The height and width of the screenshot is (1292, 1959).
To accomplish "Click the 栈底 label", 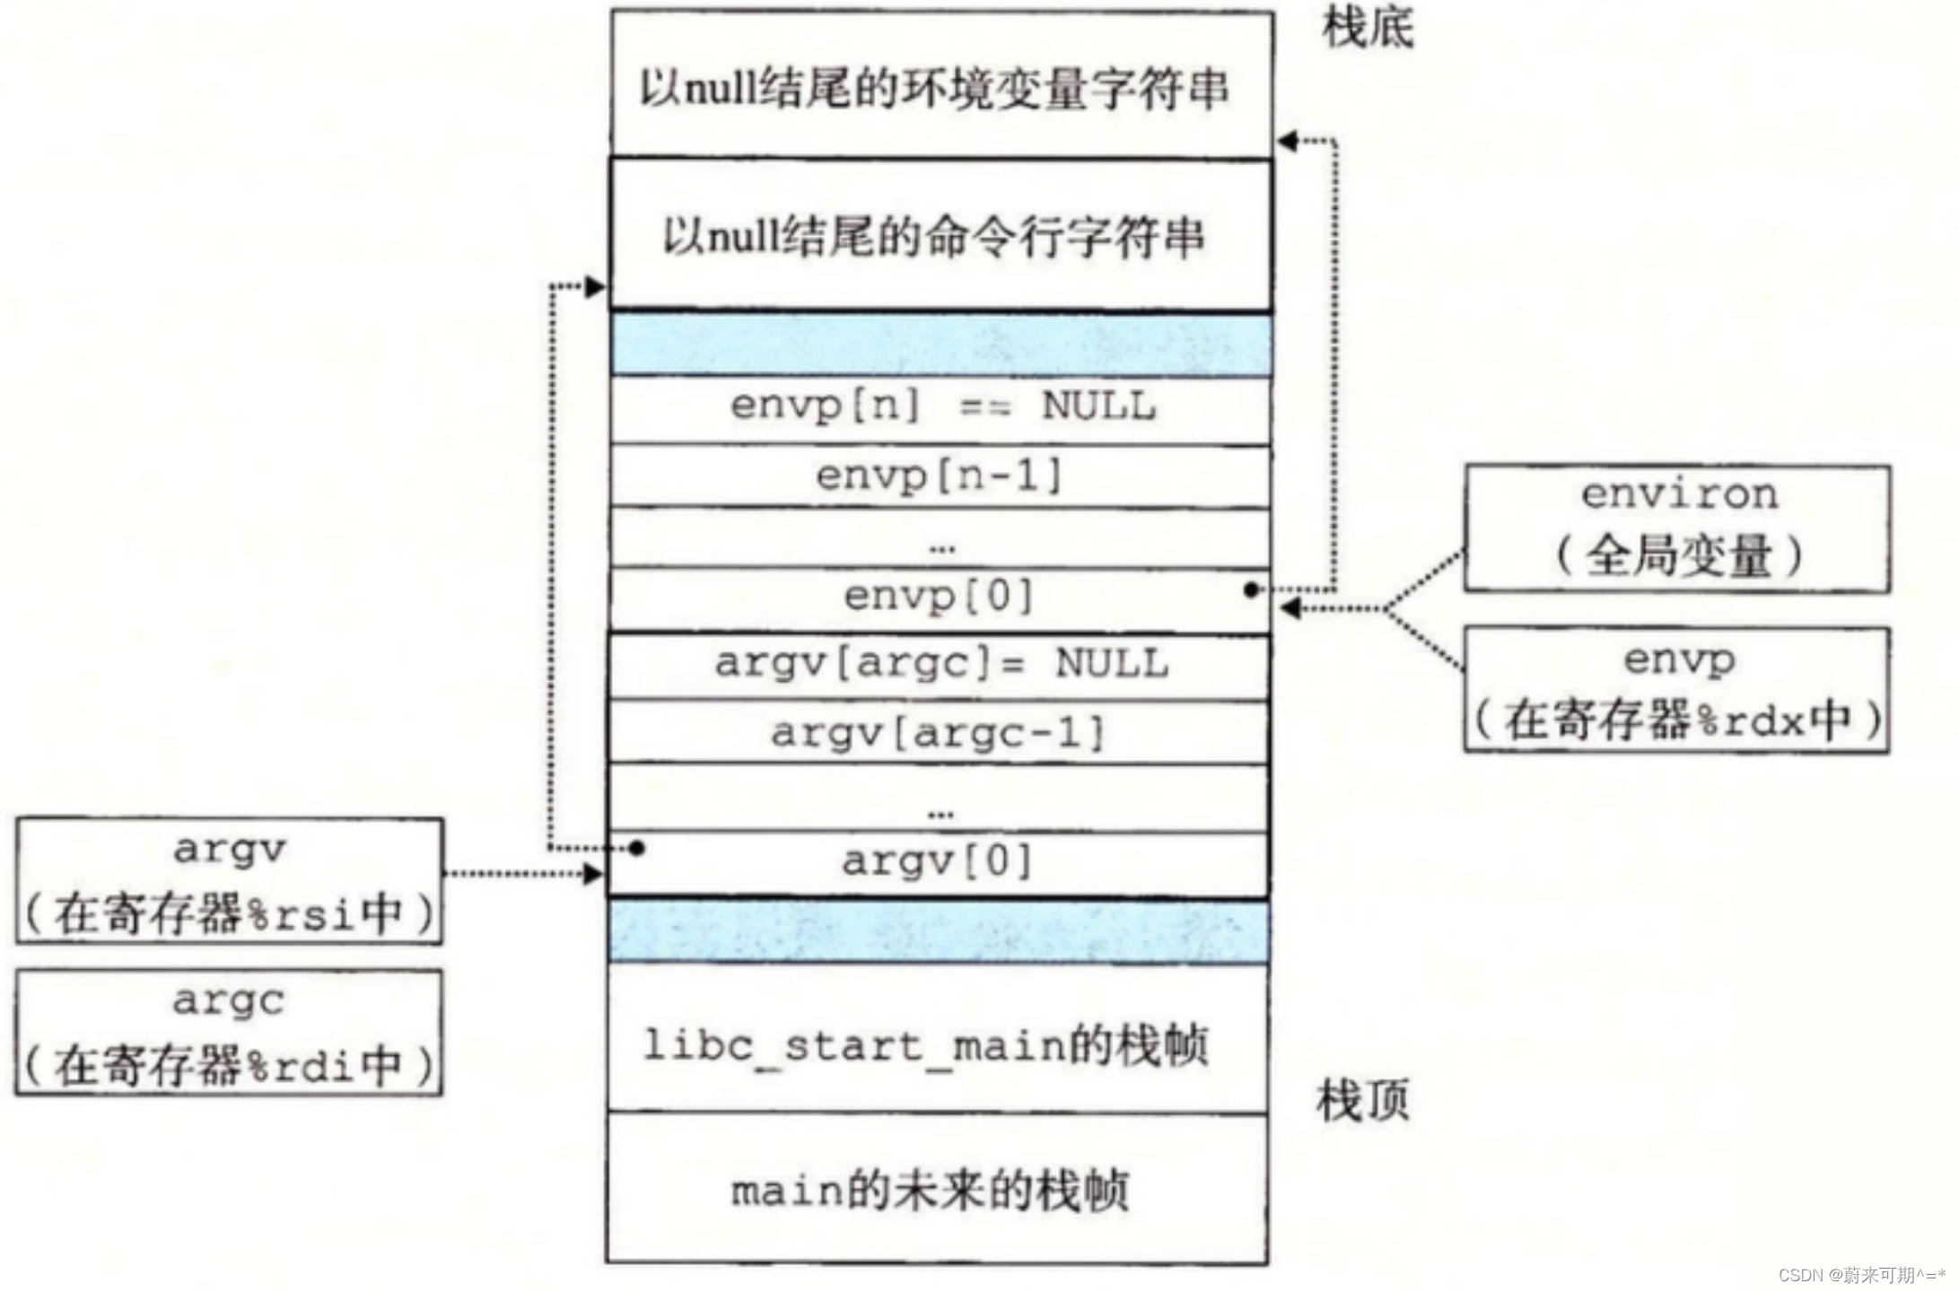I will pos(1368,29).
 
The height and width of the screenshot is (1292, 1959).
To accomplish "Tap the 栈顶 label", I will pos(1362,1100).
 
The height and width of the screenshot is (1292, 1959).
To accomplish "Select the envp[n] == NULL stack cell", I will pos(940,408).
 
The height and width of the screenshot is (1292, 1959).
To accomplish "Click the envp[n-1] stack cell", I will pos(940,476).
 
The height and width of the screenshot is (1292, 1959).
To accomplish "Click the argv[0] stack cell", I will pos(939,863).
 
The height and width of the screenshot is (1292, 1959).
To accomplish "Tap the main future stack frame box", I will pos(937,1190).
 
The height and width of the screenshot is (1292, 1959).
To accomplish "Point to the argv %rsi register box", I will pos(229,881).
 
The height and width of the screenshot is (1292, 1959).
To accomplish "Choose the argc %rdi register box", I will pos(229,1032).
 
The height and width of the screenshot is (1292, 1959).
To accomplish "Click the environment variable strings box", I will pos(940,86).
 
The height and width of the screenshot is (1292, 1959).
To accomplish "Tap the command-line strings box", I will pos(940,235).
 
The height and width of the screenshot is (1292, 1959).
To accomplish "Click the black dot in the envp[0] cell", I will pos(1252,589).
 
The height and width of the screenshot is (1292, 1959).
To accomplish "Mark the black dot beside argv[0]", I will pos(636,848).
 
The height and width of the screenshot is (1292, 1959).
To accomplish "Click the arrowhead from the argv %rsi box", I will pos(593,873).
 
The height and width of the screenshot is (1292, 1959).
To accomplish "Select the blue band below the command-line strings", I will pos(940,345).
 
